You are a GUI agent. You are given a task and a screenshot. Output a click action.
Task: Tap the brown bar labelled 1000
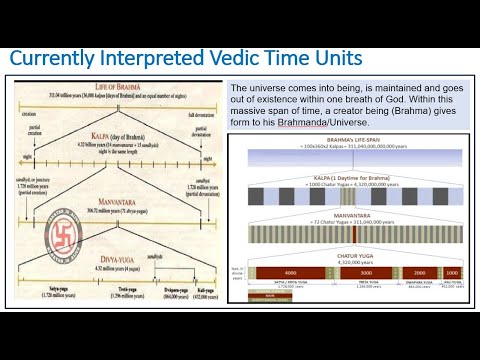tap(451, 271)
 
